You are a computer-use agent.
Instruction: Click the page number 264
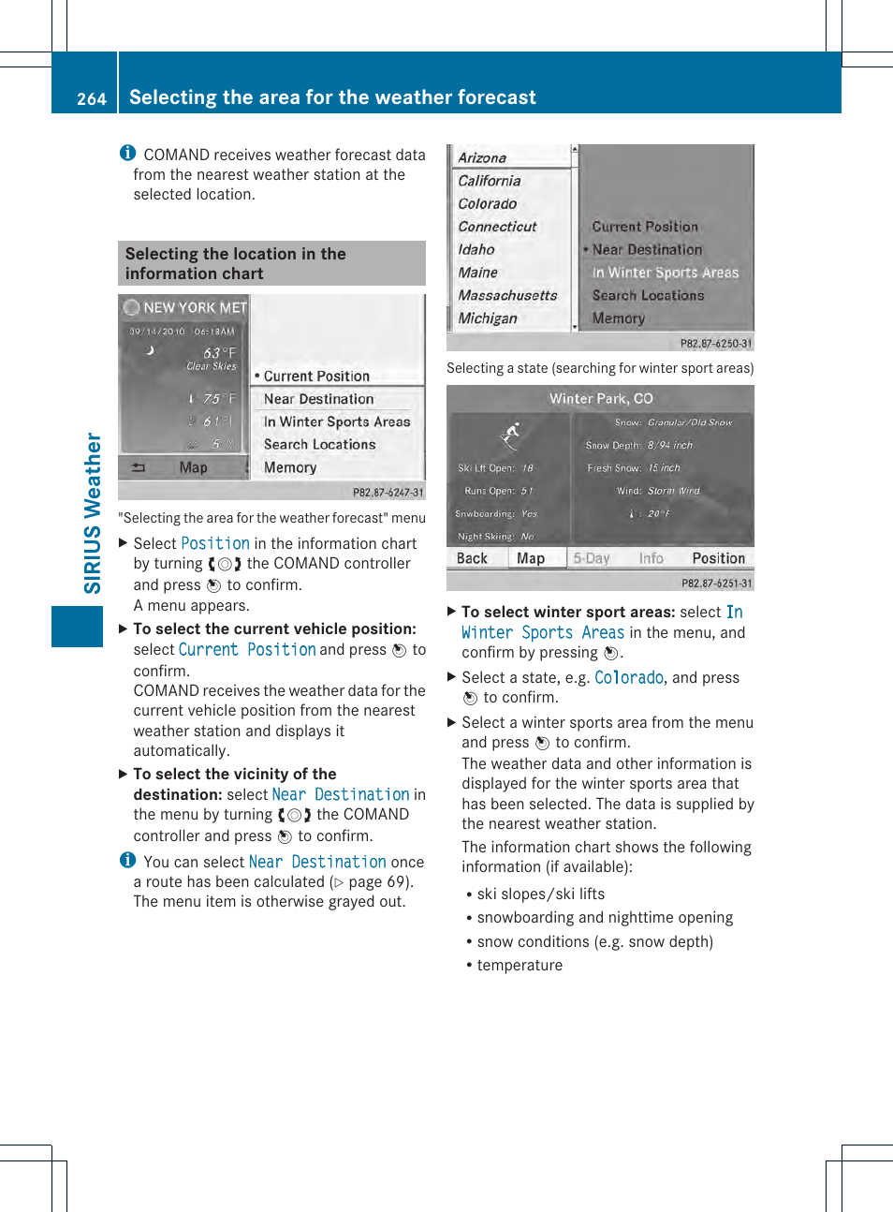[x=91, y=98]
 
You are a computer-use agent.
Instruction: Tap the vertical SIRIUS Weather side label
[x=93, y=513]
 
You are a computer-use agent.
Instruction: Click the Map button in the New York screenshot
[x=193, y=467]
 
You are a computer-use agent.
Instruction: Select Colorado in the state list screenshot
[x=488, y=204]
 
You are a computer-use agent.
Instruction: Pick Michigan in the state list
[x=488, y=318]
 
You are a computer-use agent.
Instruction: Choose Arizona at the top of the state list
[x=482, y=158]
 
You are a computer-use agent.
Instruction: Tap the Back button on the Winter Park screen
[x=472, y=558]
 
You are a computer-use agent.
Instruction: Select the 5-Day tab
[x=592, y=558]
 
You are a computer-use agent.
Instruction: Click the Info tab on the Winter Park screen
[x=651, y=558]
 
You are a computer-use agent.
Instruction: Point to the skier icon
[x=509, y=436]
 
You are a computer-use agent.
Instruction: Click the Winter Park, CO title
[x=601, y=398]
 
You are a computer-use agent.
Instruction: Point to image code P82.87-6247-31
[x=388, y=493]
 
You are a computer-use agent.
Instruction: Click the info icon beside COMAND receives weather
[x=128, y=154]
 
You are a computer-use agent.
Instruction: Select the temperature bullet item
[x=520, y=966]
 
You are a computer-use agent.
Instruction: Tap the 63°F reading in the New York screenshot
[x=219, y=353]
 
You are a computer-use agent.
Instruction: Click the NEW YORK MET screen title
[x=194, y=307]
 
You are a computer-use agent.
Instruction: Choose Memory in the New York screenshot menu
[x=290, y=467]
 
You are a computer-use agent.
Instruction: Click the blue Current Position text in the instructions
[x=247, y=650]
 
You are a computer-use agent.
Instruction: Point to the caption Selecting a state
[x=599, y=368]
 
